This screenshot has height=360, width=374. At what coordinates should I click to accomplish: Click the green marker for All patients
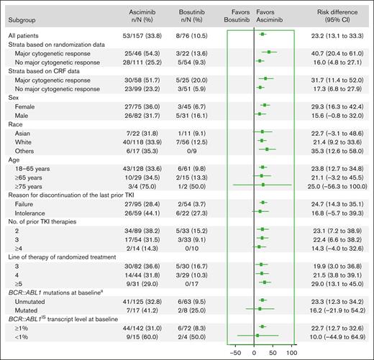pyautogui.click(x=263, y=34)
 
